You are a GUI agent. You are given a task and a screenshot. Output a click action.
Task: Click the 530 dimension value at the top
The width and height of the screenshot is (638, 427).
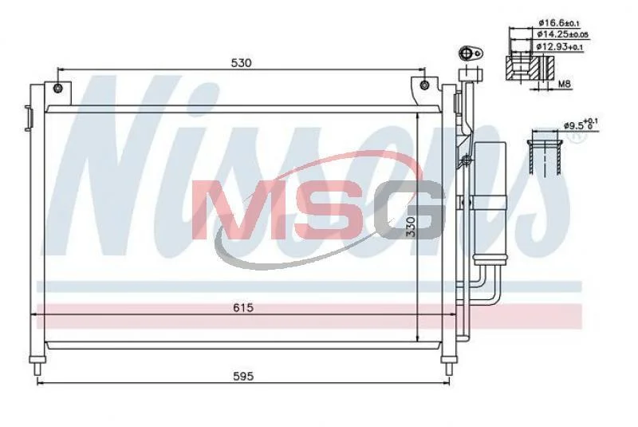(242, 63)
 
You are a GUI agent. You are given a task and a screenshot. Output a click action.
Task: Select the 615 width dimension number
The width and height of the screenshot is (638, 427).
(243, 307)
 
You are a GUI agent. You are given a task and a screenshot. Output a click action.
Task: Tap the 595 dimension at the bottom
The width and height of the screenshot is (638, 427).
(243, 376)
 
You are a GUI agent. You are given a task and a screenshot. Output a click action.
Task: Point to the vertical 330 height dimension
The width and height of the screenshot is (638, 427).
(412, 227)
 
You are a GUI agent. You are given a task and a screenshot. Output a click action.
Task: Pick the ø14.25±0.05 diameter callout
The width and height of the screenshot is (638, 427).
(562, 34)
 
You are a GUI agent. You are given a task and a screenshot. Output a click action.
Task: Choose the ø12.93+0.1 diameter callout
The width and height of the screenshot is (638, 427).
(560, 47)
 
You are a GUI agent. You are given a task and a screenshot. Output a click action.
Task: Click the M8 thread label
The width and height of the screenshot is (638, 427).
(565, 85)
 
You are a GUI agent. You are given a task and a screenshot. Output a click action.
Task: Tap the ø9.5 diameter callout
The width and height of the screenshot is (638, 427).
(581, 125)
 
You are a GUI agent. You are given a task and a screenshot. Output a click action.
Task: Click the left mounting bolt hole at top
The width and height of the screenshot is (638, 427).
(58, 88)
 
